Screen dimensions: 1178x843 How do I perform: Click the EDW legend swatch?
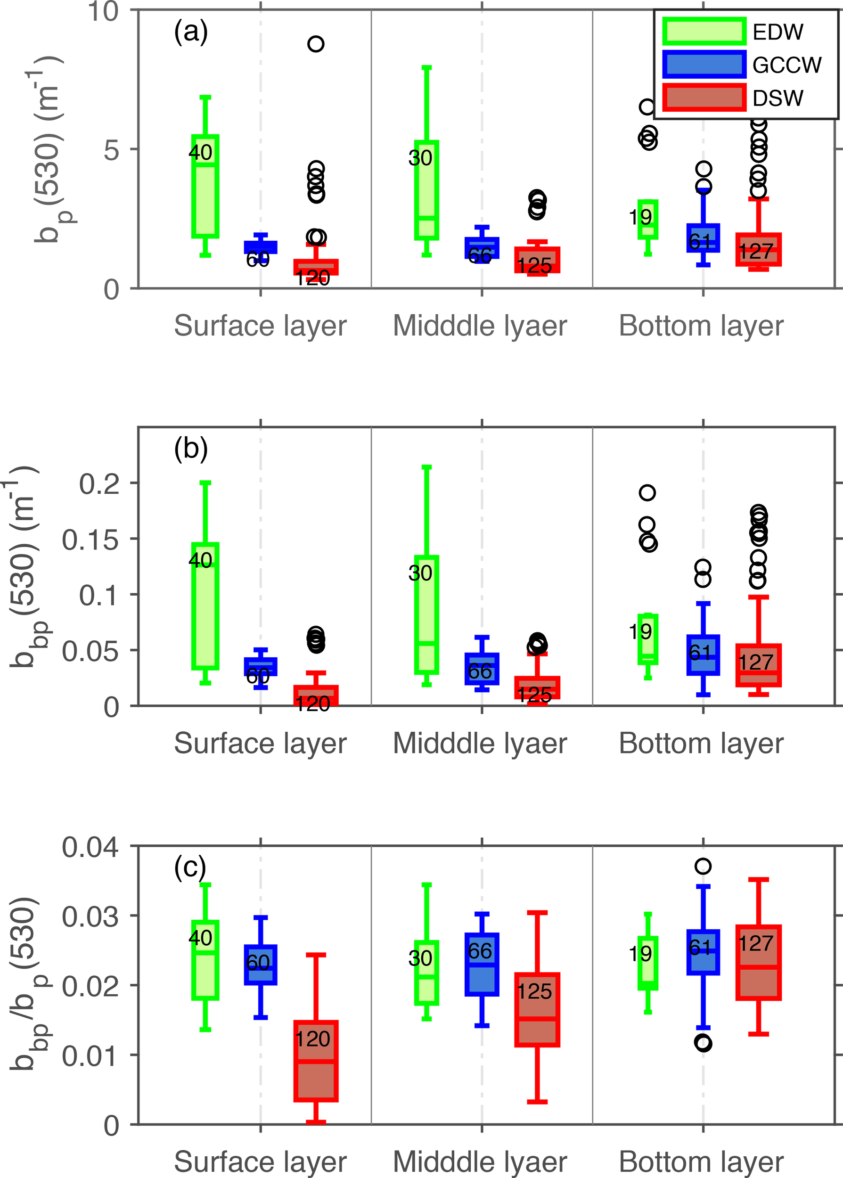[704, 31]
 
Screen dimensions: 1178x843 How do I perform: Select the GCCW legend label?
[786, 65]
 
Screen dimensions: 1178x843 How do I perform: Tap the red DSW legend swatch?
[704, 98]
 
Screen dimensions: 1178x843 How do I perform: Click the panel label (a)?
[190, 32]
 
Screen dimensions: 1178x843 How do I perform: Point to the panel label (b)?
[190, 449]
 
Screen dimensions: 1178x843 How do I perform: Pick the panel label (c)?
[190, 867]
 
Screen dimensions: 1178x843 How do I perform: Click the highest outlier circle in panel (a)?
[316, 44]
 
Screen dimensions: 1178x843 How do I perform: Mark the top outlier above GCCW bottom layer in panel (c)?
[703, 866]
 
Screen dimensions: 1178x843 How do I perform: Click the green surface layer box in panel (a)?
[205, 186]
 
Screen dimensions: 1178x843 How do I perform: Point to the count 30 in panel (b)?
[420, 573]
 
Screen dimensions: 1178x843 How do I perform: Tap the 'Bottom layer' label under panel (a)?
[701, 326]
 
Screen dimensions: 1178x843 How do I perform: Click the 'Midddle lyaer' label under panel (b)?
[480, 744]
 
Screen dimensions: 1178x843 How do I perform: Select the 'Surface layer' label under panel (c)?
[260, 1162]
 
